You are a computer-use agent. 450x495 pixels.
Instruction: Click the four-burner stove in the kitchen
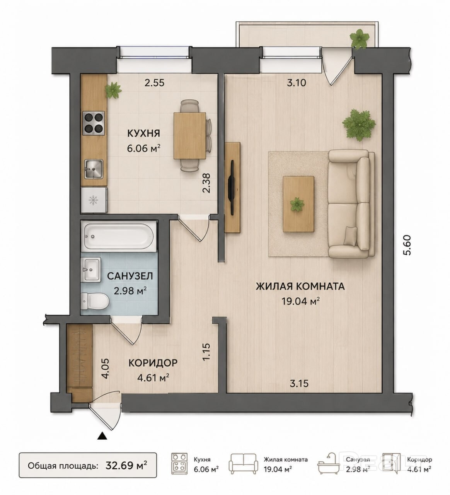(x=94, y=123)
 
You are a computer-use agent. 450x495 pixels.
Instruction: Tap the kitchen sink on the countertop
(x=94, y=169)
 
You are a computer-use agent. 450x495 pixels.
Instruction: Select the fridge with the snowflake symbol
(x=94, y=200)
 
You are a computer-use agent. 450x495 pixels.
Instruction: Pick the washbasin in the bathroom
(x=90, y=270)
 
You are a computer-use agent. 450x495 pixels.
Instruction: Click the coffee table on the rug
(x=298, y=204)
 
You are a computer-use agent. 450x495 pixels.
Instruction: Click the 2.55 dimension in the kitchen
(x=154, y=83)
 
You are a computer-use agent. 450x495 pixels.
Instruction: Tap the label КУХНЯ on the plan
(x=143, y=133)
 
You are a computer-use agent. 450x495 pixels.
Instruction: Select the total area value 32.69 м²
(x=126, y=466)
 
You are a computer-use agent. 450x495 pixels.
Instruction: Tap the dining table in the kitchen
(x=189, y=136)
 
